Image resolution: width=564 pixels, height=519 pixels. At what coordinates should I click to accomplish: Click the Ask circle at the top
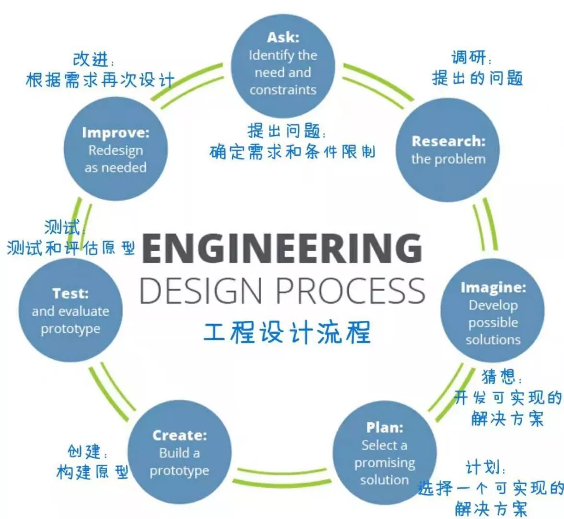[283, 65]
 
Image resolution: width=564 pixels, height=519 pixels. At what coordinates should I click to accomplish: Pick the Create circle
[179, 453]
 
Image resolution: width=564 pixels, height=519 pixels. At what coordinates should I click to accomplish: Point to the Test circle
[70, 310]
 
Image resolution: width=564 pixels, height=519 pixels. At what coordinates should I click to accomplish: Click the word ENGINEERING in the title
[282, 249]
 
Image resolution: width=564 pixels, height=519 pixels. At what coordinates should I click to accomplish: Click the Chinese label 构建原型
[92, 472]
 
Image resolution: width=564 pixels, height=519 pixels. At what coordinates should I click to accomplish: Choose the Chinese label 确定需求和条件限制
[292, 152]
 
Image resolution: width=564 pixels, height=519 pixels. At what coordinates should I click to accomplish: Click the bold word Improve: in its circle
[115, 133]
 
